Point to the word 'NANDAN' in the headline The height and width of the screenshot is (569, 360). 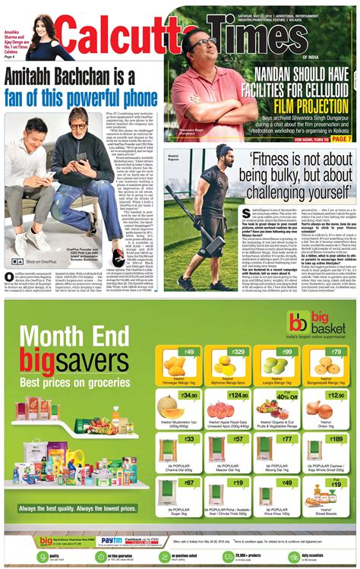point(285,74)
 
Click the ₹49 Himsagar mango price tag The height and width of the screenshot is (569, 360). point(188,352)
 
